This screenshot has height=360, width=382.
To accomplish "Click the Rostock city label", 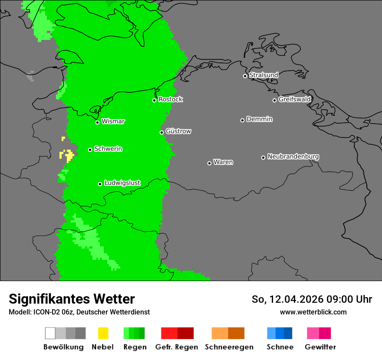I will click(171, 99).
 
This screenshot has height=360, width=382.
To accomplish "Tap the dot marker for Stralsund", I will click(245, 76).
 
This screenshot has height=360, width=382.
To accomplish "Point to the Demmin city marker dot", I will click(242, 120).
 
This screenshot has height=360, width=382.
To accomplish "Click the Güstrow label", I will click(178, 131).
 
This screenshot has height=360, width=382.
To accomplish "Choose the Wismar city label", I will click(113, 121).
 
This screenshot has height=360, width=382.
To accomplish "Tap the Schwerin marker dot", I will click(90, 150).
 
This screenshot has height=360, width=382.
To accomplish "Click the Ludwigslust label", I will click(122, 183).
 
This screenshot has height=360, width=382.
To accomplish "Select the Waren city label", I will click(223, 162).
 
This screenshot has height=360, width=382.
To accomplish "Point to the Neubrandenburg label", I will click(293, 157).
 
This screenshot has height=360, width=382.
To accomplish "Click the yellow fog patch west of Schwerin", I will click(67, 155).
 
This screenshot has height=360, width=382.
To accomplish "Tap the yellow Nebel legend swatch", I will click(103, 333).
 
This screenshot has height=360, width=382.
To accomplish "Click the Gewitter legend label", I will click(320, 347).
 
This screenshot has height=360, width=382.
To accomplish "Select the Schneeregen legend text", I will click(229, 347).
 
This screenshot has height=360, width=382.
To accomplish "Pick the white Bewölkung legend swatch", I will click(50, 333).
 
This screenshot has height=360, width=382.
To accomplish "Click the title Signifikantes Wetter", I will click(72, 299).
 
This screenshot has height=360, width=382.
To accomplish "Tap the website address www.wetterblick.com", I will click(313, 312).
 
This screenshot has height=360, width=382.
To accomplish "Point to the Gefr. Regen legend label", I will click(176, 347).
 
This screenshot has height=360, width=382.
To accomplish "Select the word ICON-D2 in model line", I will click(44, 312).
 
